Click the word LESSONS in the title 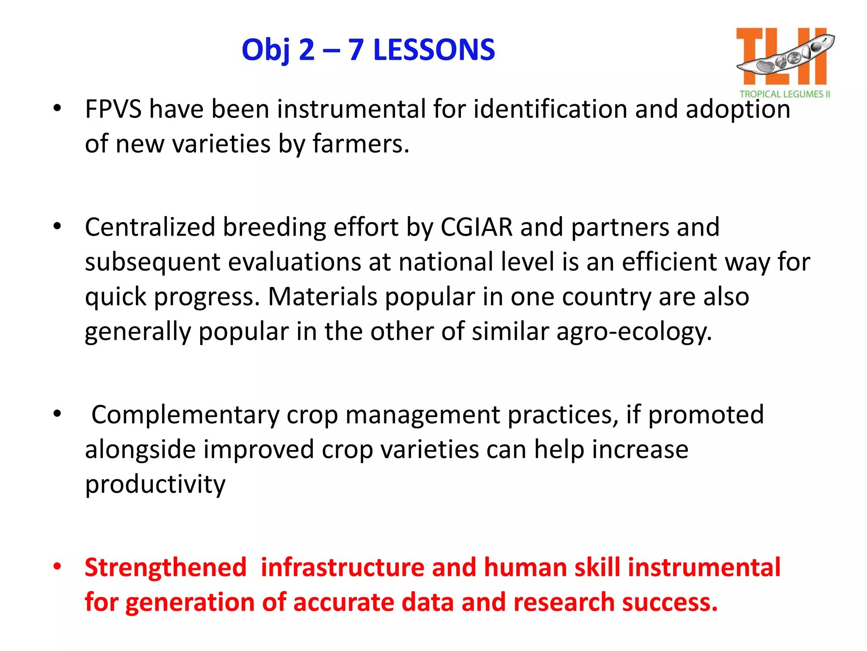(x=434, y=50)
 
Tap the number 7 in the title (x=356, y=50)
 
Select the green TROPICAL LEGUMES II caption (x=784, y=94)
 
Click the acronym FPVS (x=113, y=109)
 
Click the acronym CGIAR (x=477, y=227)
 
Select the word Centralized (x=150, y=227)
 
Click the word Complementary (x=185, y=415)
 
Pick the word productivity (x=155, y=484)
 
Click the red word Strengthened (x=166, y=568)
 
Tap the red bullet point (x=57, y=567)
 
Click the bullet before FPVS (x=57, y=108)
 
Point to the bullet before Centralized (x=57, y=226)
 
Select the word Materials (x=322, y=297)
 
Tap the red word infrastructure (x=342, y=568)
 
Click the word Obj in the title (x=265, y=50)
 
